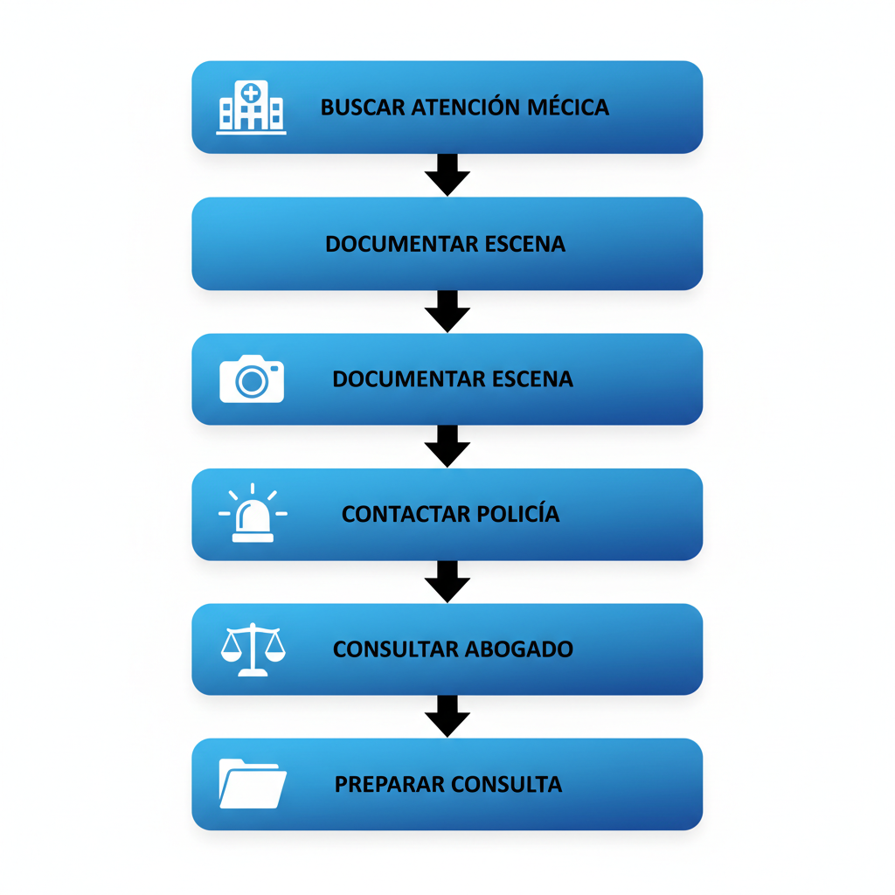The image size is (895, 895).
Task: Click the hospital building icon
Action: point(251,108)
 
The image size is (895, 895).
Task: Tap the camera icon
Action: point(252,379)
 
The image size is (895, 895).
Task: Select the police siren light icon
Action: point(253,513)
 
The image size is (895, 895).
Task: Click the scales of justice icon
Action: point(253,649)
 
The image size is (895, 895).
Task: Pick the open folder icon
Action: point(253,784)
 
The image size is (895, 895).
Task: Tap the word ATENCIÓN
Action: point(466,107)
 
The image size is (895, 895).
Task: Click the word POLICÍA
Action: point(517,513)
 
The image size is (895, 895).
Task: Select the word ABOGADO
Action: point(518,649)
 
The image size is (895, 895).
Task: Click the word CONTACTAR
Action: point(406,514)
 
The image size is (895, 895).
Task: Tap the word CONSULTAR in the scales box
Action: point(395,649)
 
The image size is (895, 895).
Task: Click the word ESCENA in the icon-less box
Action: point(525,244)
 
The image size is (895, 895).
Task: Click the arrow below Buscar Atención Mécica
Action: point(447,175)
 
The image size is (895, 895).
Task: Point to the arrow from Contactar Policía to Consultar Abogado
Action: point(447,581)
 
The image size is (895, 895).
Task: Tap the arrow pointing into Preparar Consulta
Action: point(447,717)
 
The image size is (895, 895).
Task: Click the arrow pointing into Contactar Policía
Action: point(447,447)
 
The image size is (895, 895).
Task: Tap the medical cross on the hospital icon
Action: point(251,93)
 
